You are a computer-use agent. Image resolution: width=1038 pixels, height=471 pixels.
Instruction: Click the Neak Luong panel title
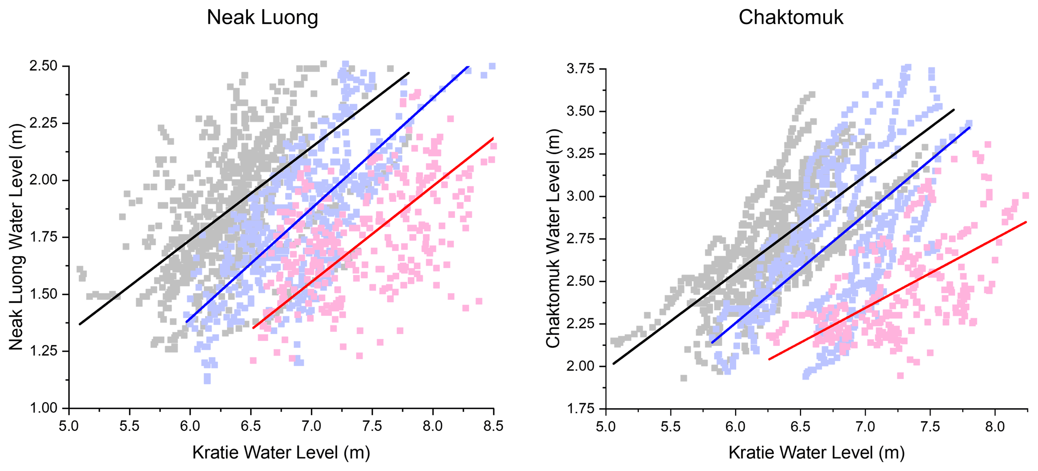coord(262,18)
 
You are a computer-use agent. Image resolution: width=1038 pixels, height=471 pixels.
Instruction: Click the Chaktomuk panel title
coord(790,18)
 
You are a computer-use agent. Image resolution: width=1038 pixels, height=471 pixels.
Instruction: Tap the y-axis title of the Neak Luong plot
coord(17,237)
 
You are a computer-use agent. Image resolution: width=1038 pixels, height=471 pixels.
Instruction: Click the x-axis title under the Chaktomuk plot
coord(816,452)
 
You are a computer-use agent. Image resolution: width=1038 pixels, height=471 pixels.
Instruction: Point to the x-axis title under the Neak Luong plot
coord(281,452)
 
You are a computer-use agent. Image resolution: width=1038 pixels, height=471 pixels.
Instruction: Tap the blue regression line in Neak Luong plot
coord(326,194)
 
